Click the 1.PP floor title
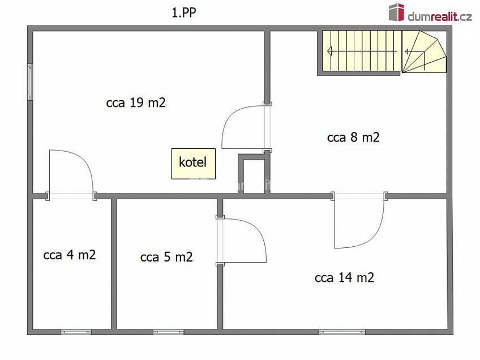coord(184,13)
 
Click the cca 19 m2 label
coord(136,103)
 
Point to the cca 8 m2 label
coord(353,137)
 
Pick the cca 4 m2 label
coord(70,255)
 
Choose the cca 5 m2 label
coord(166,257)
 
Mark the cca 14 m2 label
coord(344,277)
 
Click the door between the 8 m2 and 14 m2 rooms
coord(359,222)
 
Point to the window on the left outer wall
coord(30,82)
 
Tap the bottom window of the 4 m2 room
coord(75,332)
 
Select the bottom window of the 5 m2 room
coord(164,332)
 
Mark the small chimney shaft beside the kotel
coord(252,175)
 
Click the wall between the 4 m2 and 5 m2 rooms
coord(114,263)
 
